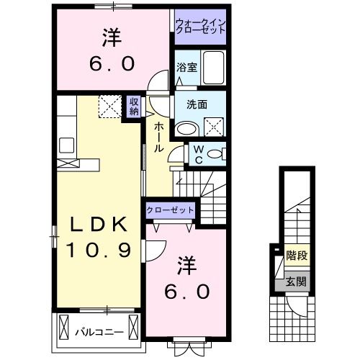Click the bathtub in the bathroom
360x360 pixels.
[212, 69]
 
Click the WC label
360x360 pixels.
[197, 154]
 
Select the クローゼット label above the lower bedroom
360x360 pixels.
[170, 210]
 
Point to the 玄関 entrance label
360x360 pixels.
[294, 281]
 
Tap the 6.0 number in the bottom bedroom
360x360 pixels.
[184, 291]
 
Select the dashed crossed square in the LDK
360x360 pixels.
[110, 106]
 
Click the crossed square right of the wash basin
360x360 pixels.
[215, 129]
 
